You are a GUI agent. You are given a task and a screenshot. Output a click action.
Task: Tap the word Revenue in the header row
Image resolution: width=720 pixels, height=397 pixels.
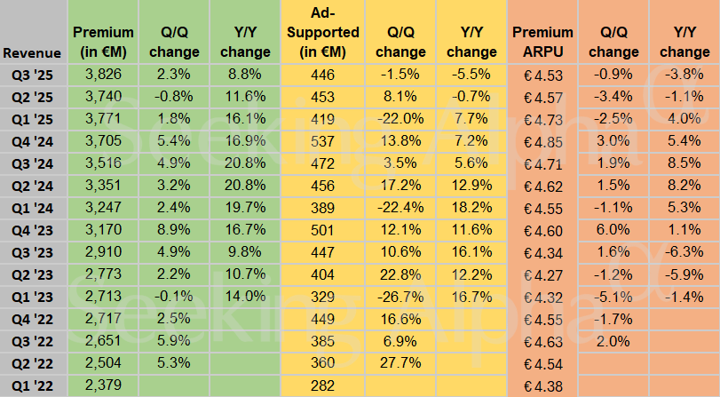pos(32,53)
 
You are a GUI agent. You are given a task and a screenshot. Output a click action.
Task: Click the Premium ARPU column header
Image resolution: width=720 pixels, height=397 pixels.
pos(542,42)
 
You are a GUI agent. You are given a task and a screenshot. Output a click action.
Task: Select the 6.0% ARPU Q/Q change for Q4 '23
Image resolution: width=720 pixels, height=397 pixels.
pos(613,229)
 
